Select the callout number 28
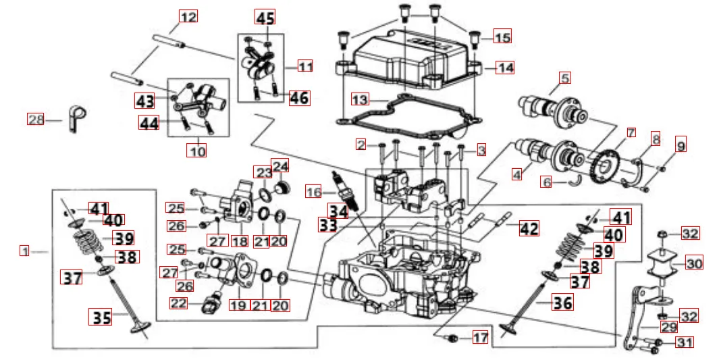[36, 120]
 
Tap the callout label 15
[502, 37]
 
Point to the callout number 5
[564, 78]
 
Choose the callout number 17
[479, 337]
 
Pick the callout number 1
[24, 251]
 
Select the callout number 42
[529, 228]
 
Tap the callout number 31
[684, 343]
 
